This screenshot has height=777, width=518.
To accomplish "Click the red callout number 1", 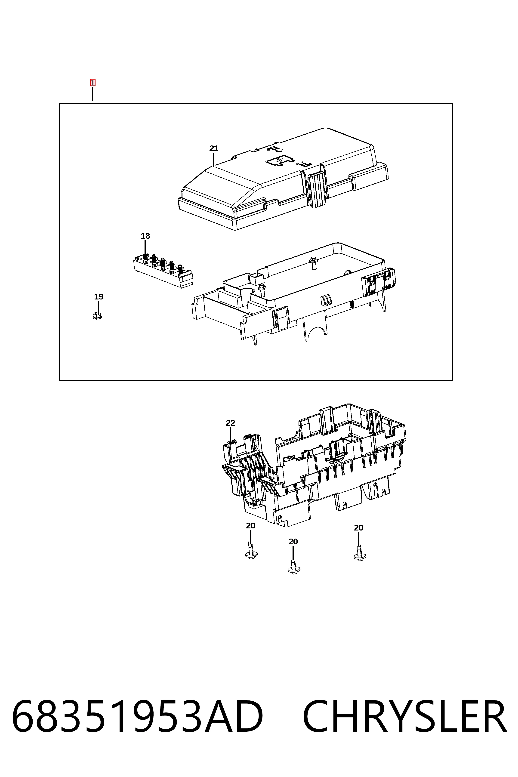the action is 92,83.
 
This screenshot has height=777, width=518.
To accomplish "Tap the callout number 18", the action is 145,236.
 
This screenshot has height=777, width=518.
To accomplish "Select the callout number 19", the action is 99,297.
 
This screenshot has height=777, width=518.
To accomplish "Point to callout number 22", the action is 231,423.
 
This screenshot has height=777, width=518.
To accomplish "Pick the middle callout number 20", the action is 293,542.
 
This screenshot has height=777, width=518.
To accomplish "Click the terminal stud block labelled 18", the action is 163,271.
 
